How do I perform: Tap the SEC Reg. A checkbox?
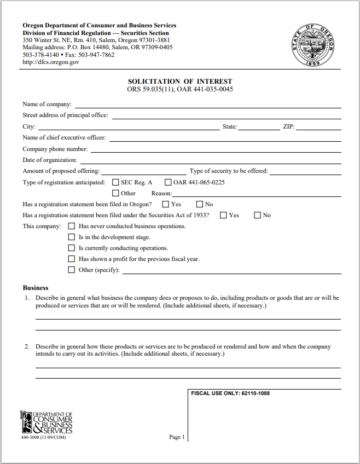(x=115, y=182)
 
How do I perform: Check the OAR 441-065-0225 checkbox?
(x=168, y=182)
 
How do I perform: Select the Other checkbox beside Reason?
(x=115, y=193)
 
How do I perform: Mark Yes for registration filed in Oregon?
(x=166, y=204)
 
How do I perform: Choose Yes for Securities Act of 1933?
(x=223, y=215)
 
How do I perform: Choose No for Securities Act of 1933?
(x=257, y=215)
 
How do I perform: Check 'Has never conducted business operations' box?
(x=71, y=226)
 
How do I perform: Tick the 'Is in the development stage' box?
(x=71, y=237)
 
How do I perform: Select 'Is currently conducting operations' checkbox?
(x=71, y=248)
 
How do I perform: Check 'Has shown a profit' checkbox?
(x=71, y=259)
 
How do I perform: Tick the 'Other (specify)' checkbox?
(x=71, y=270)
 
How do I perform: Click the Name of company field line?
(x=208, y=105)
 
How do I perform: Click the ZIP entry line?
(x=319, y=127)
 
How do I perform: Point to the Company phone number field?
(x=216, y=149)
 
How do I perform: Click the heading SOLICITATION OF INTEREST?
(x=180, y=82)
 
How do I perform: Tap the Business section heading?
(x=36, y=288)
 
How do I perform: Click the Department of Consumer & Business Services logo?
(x=46, y=422)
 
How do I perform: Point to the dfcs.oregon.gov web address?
(x=51, y=62)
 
